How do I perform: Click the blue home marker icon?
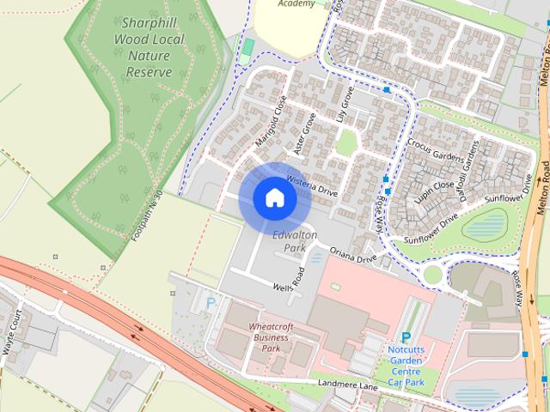tap(274, 198)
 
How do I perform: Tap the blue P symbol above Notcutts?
tap(406, 339)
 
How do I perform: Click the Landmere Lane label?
tap(347, 385)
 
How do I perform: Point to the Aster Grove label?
tap(306, 133)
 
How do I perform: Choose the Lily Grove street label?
tap(346, 106)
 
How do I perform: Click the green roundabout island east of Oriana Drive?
tap(431, 274)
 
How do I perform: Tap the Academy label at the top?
tap(297, 3)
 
